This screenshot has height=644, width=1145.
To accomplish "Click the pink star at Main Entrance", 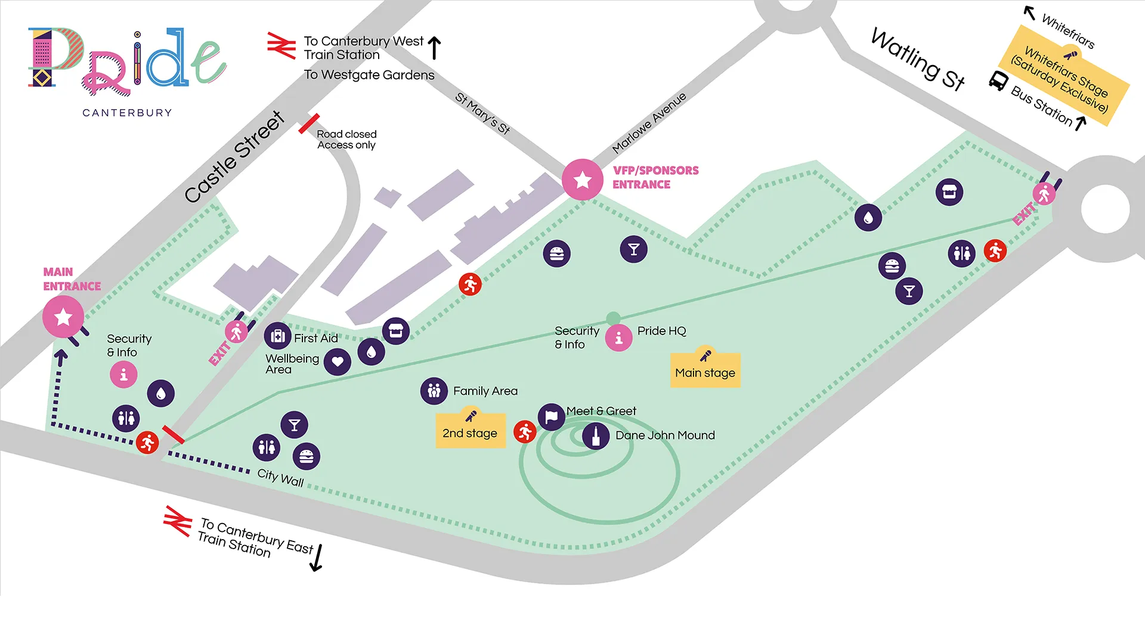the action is pos(63,317).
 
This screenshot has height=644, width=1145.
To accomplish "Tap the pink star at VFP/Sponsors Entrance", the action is pos(583,179).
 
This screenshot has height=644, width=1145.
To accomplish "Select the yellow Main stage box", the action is pos(705,370).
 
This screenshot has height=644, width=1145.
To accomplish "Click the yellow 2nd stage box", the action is pos(471,431).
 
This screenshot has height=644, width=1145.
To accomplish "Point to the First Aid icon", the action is pos(278,337).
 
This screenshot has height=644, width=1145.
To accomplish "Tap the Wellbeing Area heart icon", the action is pos(338,361).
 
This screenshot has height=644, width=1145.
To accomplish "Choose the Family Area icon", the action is pos(434,391).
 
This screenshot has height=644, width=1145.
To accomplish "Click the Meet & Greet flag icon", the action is pos(552,417).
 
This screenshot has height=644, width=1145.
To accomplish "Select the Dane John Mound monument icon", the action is pos(596,436).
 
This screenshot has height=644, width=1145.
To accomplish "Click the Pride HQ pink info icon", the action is pos(619,338).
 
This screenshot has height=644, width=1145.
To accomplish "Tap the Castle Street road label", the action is pos(234,157).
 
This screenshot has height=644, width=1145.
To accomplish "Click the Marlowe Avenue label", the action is pos(649,123).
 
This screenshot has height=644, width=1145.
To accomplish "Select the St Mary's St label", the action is pos(483,113).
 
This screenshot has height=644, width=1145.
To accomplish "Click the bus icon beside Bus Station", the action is pos(998,80).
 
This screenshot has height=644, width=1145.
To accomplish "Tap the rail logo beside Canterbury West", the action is pos(281,46).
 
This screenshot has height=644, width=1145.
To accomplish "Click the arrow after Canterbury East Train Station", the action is pos(317,558).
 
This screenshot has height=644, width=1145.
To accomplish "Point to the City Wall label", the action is pos(281,478).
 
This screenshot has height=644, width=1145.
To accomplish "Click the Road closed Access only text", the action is pos(346,140).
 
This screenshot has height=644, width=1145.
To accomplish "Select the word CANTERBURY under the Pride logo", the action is pos(127,113).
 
